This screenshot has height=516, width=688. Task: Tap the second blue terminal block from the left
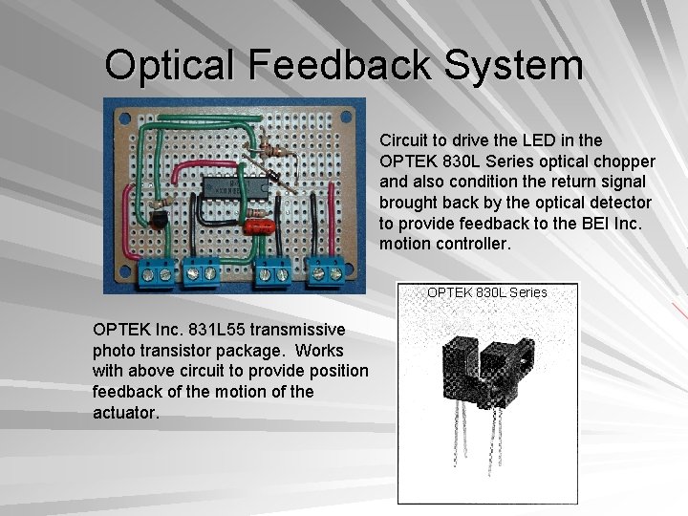click(x=204, y=273)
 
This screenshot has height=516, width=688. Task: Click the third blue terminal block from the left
click(x=272, y=273)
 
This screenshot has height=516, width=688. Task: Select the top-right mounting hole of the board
click(x=349, y=114)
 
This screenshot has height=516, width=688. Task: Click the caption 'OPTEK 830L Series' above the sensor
click(x=486, y=291)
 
